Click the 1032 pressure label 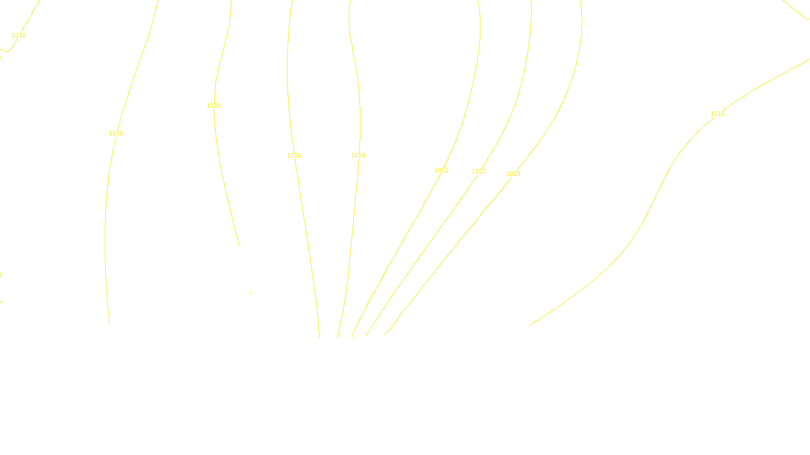click(x=19, y=35)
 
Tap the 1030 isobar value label click(x=116, y=133)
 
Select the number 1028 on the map click(x=214, y=106)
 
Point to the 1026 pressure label click(x=294, y=156)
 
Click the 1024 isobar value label click(x=358, y=155)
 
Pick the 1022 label click(x=441, y=170)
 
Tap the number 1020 click(x=479, y=171)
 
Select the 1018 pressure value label click(x=513, y=174)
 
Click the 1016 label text click(x=718, y=114)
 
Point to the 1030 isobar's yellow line click(x=106, y=227)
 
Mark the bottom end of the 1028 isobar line click(x=239, y=246)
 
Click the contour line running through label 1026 click(x=305, y=227)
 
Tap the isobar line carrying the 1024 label click(x=353, y=227)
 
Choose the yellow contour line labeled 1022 click(x=410, y=227)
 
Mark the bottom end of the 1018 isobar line click(x=385, y=334)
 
